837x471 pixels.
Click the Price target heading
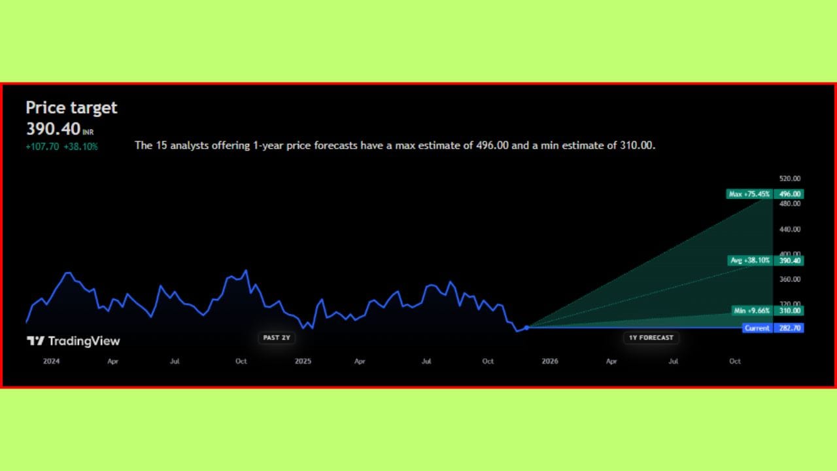(x=71, y=108)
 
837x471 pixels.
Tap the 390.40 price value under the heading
(x=54, y=129)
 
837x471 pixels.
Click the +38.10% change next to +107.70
(x=80, y=147)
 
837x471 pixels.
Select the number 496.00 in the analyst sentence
(x=492, y=145)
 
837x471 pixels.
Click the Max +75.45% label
(x=749, y=194)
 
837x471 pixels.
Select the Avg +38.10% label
(x=750, y=260)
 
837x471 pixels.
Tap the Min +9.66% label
(x=751, y=311)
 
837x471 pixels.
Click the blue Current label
(x=757, y=328)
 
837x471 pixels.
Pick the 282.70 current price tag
(x=789, y=328)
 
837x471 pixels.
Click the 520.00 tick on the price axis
(x=789, y=179)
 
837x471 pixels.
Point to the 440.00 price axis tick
(x=789, y=229)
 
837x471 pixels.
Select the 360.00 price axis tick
(x=789, y=279)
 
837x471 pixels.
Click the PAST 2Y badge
(x=277, y=338)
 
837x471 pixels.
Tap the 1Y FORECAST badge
(x=651, y=338)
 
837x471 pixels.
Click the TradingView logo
(x=73, y=341)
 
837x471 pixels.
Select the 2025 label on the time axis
(x=303, y=361)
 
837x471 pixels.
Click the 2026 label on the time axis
(x=550, y=361)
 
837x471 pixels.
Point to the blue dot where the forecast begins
(x=526, y=328)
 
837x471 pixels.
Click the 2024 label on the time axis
(x=51, y=361)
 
